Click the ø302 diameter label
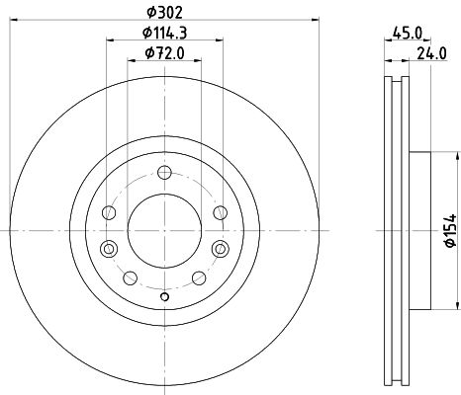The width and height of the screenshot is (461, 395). click(164, 13)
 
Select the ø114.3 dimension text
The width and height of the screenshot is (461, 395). click(165, 33)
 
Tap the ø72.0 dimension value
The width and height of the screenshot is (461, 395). click(165, 53)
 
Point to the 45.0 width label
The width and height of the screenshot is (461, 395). click(408, 34)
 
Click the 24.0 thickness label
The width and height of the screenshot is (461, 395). click(432, 53)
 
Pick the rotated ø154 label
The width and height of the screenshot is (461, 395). click(450, 230)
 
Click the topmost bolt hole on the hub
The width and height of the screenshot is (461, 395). click(164, 172)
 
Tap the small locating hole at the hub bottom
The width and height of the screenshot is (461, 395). click(164, 297)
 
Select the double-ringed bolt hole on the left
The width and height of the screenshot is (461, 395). click(109, 249)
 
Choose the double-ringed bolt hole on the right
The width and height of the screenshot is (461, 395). click(220, 249)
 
